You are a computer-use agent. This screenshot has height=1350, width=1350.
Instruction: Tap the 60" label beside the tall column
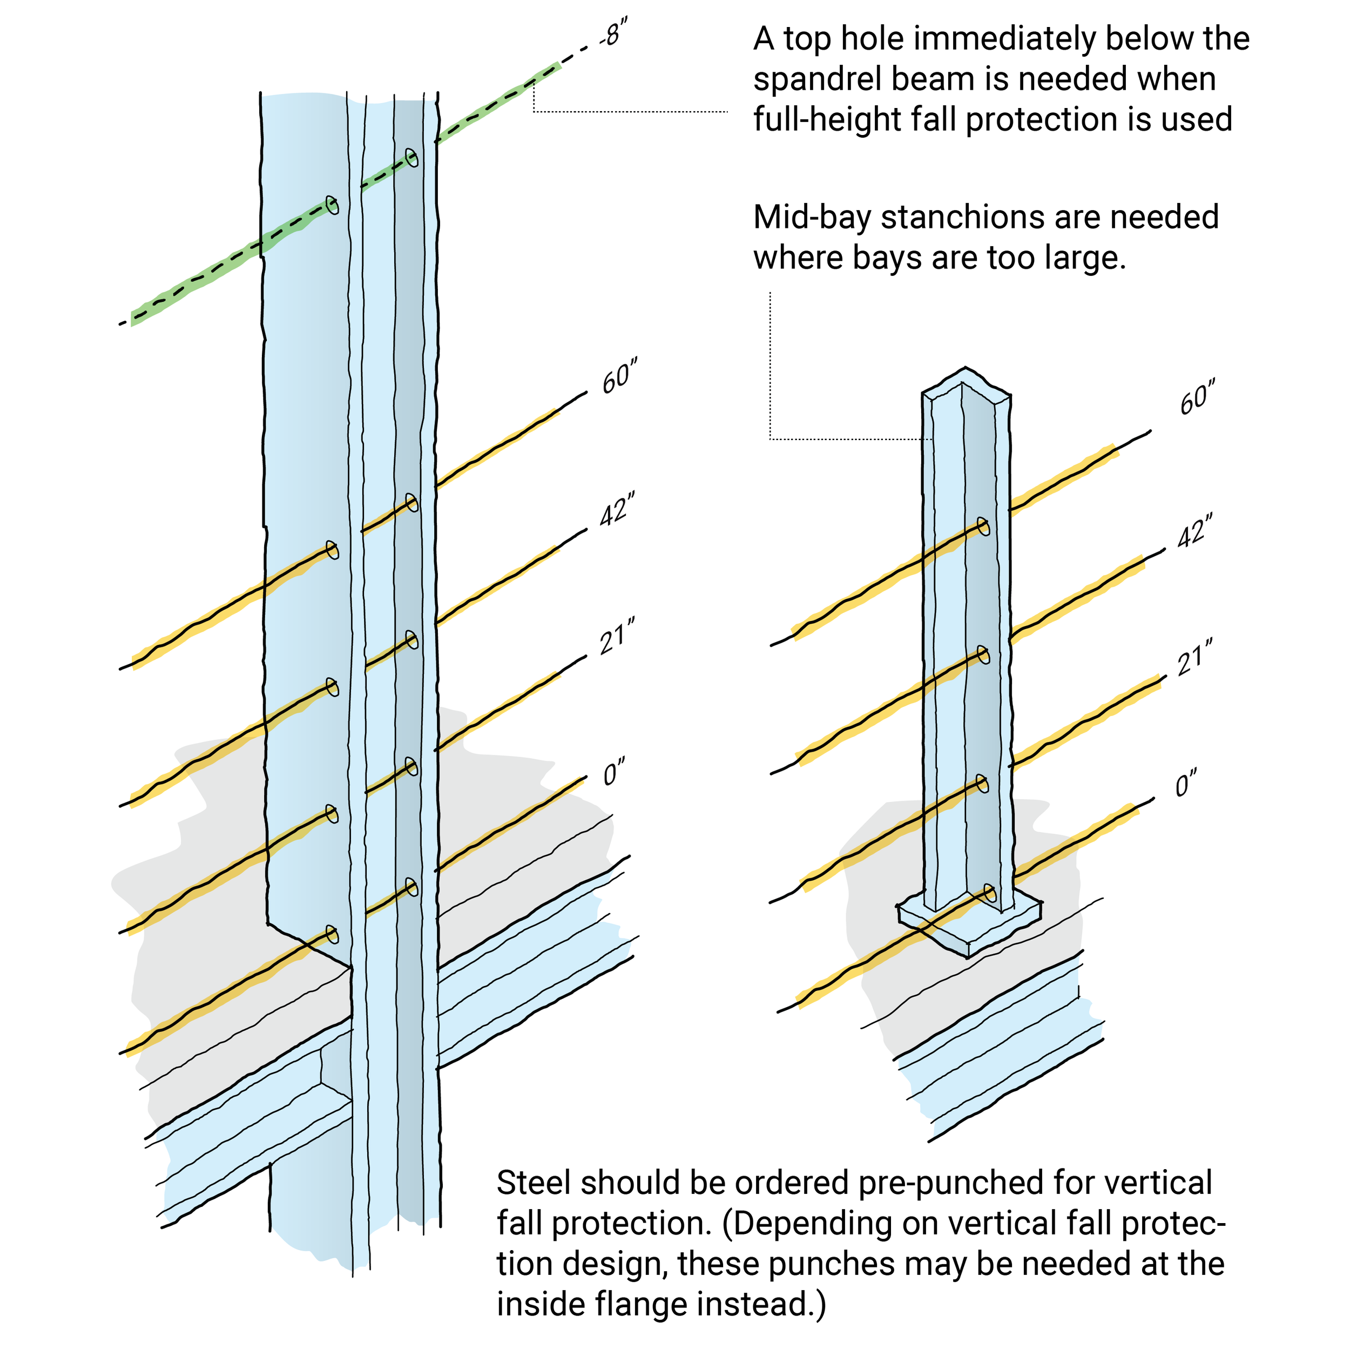click(x=618, y=378)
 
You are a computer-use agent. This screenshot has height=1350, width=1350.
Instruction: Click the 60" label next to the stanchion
click(x=1196, y=399)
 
